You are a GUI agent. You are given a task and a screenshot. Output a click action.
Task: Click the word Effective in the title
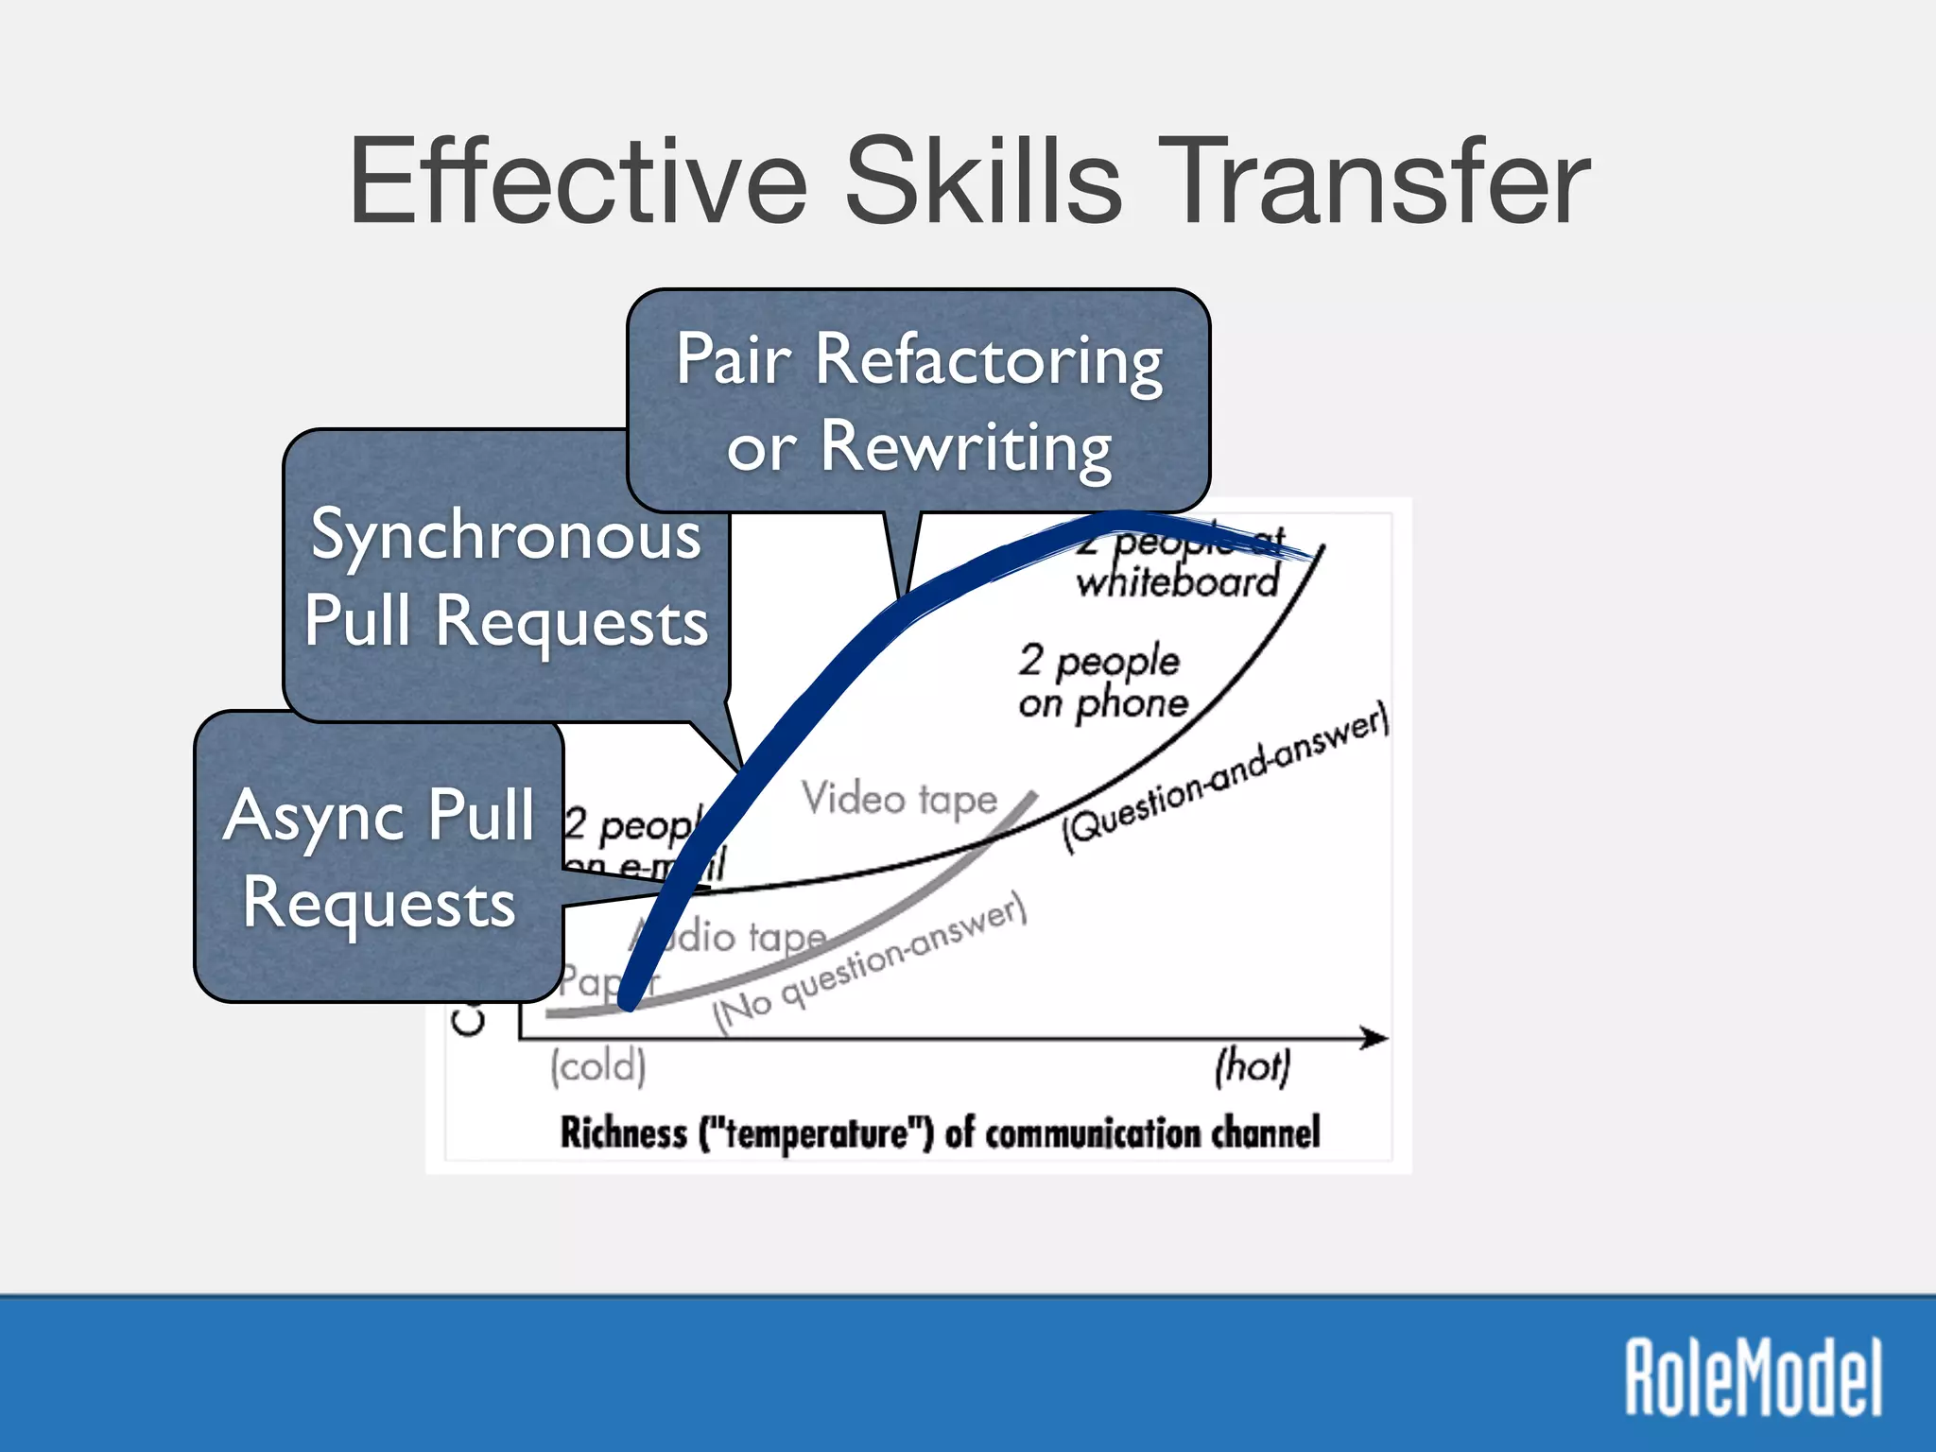tap(578, 181)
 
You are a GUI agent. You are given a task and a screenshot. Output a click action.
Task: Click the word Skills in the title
tap(983, 181)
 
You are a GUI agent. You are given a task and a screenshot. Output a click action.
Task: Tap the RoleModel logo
tap(1754, 1376)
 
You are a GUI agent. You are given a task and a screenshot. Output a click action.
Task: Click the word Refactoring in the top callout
tap(988, 362)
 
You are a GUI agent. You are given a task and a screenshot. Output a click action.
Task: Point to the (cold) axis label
tap(598, 1066)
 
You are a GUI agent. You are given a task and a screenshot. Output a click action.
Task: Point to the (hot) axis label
tap(1252, 1066)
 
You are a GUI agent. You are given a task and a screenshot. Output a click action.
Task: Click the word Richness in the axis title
tap(624, 1132)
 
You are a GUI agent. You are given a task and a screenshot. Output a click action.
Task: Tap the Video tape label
tap(899, 800)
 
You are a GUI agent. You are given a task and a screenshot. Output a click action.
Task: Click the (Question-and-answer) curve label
tap(1225, 777)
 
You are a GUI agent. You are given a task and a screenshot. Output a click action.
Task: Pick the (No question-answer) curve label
tap(869, 965)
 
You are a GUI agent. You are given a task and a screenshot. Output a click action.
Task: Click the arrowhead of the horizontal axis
tap(1376, 1038)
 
